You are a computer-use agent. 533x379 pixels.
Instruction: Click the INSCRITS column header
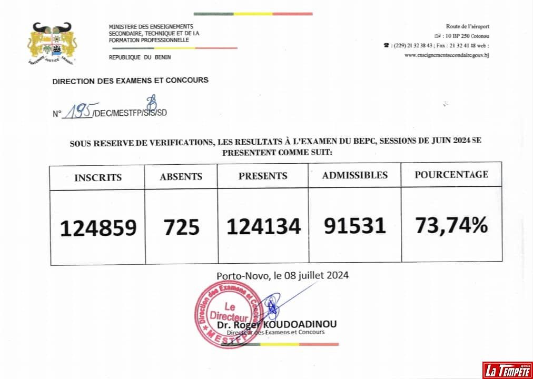98,177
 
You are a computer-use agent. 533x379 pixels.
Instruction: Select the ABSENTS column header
181,177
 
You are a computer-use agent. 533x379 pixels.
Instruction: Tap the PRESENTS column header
263,176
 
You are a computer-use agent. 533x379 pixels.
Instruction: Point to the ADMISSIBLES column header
354,175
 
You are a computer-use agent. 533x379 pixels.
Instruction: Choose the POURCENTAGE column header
451,174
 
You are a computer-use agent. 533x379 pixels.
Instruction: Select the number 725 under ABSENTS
181,227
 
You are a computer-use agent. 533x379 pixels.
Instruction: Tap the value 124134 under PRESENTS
263,226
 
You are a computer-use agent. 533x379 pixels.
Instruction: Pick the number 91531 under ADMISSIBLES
354,225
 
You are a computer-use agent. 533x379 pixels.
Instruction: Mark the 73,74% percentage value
451,225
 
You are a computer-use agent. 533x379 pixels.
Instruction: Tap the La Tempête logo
507,370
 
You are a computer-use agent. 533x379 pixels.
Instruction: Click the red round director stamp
229,315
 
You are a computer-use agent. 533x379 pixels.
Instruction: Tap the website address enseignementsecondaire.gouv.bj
447,55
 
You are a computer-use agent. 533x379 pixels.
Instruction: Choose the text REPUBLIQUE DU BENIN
140,57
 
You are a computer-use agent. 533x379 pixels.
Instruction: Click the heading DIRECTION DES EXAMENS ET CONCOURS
130,81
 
